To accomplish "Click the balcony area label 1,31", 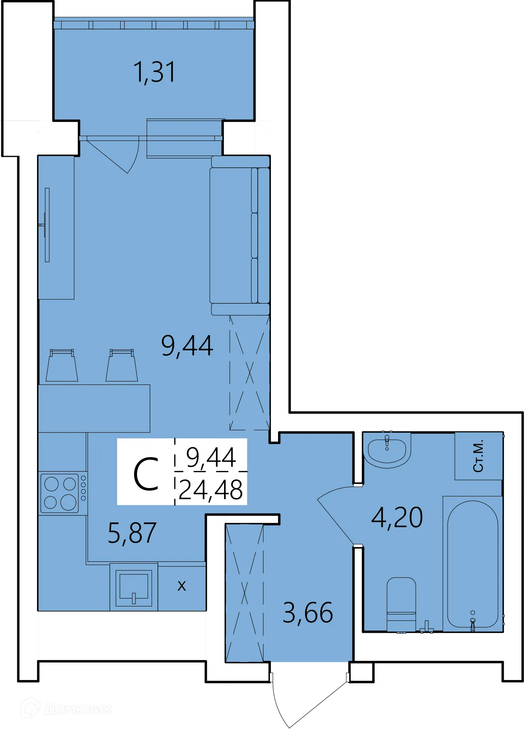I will click(154, 72).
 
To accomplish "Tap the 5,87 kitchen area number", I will click(132, 533).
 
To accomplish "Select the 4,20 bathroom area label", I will click(397, 517).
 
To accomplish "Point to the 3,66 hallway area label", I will click(307, 613).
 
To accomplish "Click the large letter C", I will click(146, 474).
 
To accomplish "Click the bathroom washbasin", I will click(387, 450).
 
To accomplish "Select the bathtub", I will click(472, 564).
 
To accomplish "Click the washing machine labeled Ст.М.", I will click(478, 456).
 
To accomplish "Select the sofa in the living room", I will click(239, 236).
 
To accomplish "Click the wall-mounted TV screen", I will click(47, 225).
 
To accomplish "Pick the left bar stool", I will click(62, 366).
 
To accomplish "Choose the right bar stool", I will click(122, 366).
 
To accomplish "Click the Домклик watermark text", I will click(78, 708).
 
